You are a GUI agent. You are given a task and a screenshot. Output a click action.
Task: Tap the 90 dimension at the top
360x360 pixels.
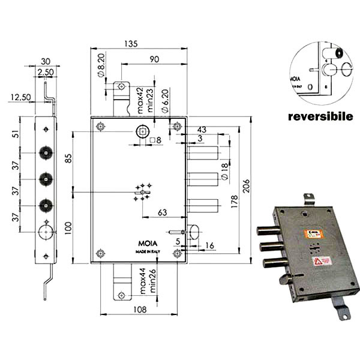[x=154, y=58]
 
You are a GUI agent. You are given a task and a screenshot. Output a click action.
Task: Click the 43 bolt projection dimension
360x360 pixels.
[x=201, y=130]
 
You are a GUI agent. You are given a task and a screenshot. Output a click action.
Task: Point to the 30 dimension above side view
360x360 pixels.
[x=46, y=59]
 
